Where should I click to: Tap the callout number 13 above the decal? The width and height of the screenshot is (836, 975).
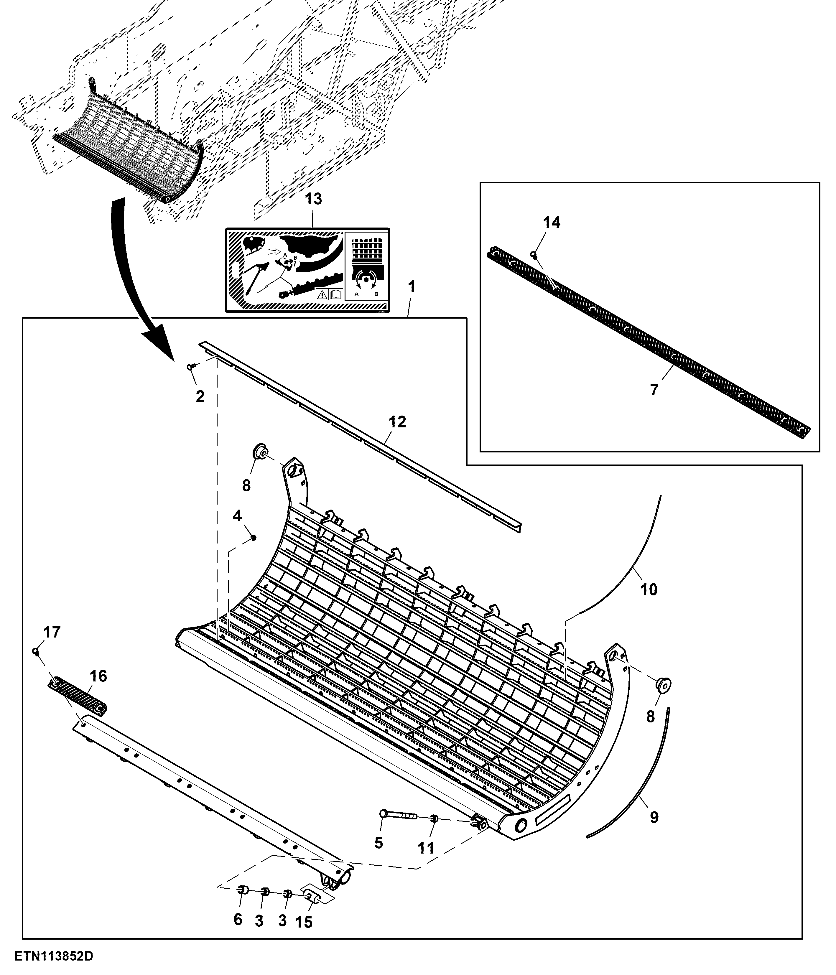coord(314,199)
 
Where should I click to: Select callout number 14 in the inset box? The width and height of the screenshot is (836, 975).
coord(552,223)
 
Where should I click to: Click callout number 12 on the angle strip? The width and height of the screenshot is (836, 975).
coord(397,422)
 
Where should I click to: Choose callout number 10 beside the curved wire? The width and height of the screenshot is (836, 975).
coord(649,589)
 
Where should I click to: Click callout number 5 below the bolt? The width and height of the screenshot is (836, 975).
coord(378,843)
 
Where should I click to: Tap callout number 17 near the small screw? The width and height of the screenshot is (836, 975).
coord(52,632)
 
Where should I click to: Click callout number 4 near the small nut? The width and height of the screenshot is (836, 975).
coord(237,516)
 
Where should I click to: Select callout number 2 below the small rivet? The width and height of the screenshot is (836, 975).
coord(200,397)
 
